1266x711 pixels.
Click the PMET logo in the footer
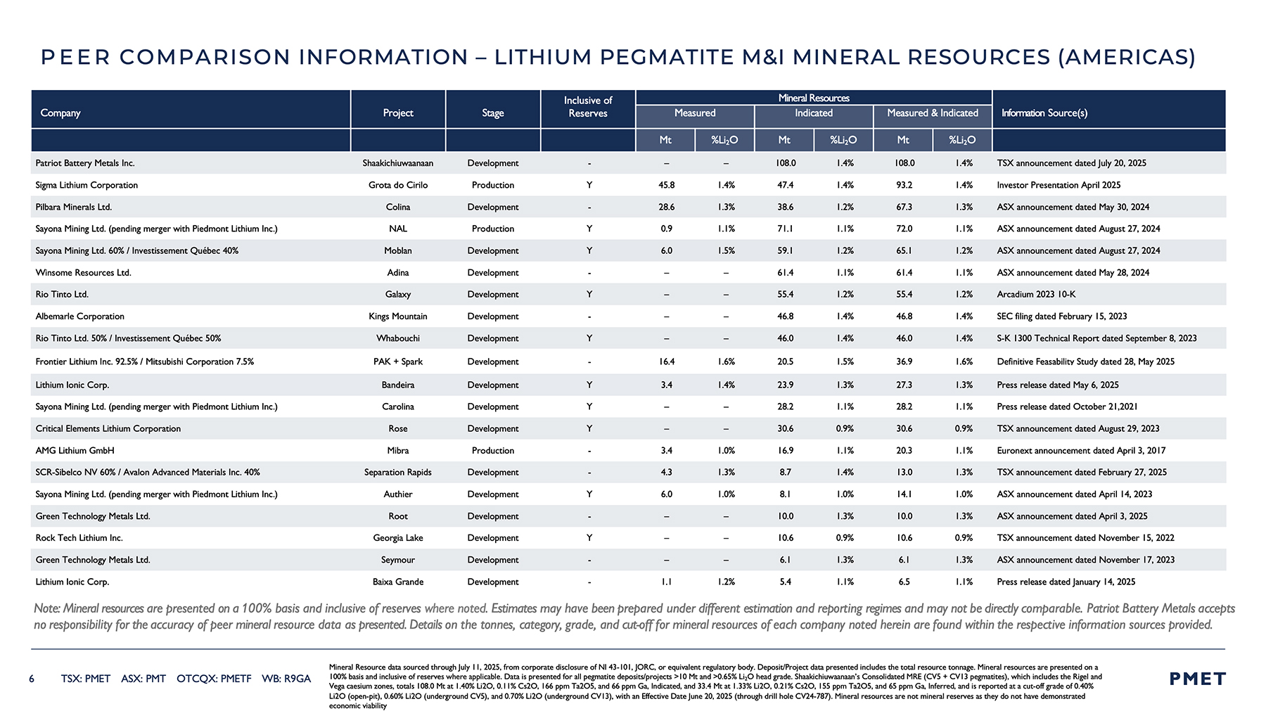pos(1197,679)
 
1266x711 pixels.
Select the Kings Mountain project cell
pos(398,316)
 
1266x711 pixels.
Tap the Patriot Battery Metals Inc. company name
pos(85,163)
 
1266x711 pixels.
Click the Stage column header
pos(493,113)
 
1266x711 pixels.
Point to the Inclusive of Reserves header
pos(588,107)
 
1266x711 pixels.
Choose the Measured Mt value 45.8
pos(667,185)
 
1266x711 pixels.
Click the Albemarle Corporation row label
pos(80,316)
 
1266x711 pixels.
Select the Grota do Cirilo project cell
pos(398,185)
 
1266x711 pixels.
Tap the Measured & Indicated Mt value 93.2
pos(904,185)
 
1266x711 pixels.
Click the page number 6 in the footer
pos(32,679)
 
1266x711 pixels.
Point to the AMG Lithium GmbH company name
pos(75,451)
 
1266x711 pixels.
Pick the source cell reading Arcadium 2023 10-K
pos(1036,295)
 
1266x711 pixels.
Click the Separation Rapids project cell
pos(398,473)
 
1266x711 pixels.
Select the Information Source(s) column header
pos(1044,113)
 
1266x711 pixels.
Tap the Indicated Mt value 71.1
pos(786,229)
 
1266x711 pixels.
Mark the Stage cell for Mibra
pos(493,451)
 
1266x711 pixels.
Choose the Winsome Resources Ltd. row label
pos(84,273)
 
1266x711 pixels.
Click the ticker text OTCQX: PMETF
pos(214,679)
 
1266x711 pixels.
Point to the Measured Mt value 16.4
pos(667,361)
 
